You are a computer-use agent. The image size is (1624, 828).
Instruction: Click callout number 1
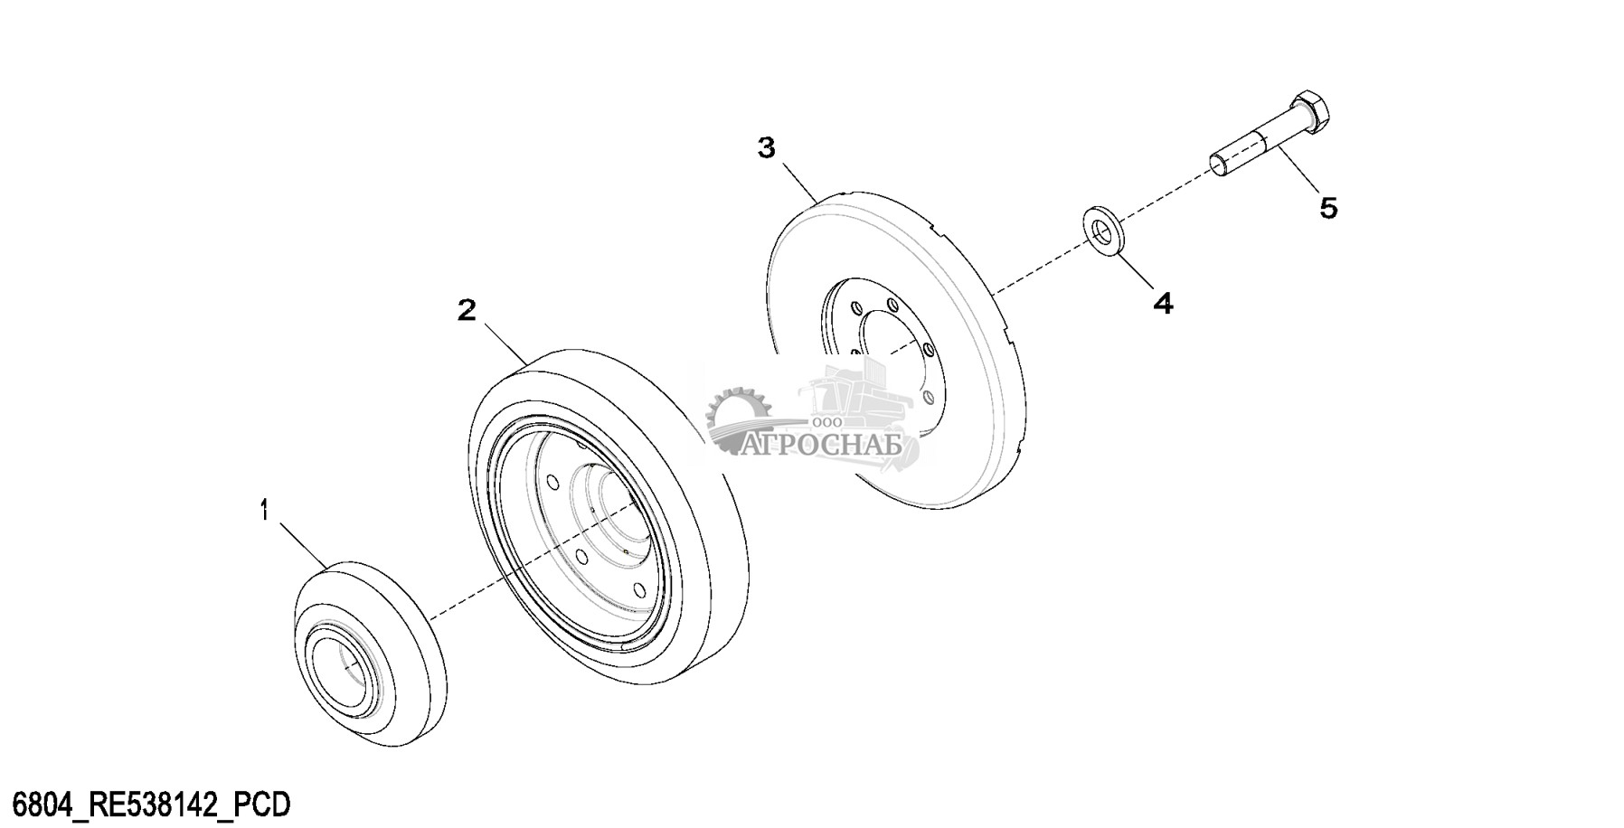pyautogui.click(x=264, y=512)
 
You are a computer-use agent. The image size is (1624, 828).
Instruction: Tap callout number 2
pyautogui.click(x=467, y=311)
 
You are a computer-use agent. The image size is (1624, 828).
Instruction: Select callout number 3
pyautogui.click(x=767, y=148)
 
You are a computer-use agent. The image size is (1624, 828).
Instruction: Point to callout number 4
pyautogui.click(x=1163, y=304)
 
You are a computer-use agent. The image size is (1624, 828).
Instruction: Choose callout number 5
pyautogui.click(x=1327, y=208)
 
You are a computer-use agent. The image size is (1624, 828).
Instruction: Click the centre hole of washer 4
pyautogui.click(x=1100, y=230)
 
